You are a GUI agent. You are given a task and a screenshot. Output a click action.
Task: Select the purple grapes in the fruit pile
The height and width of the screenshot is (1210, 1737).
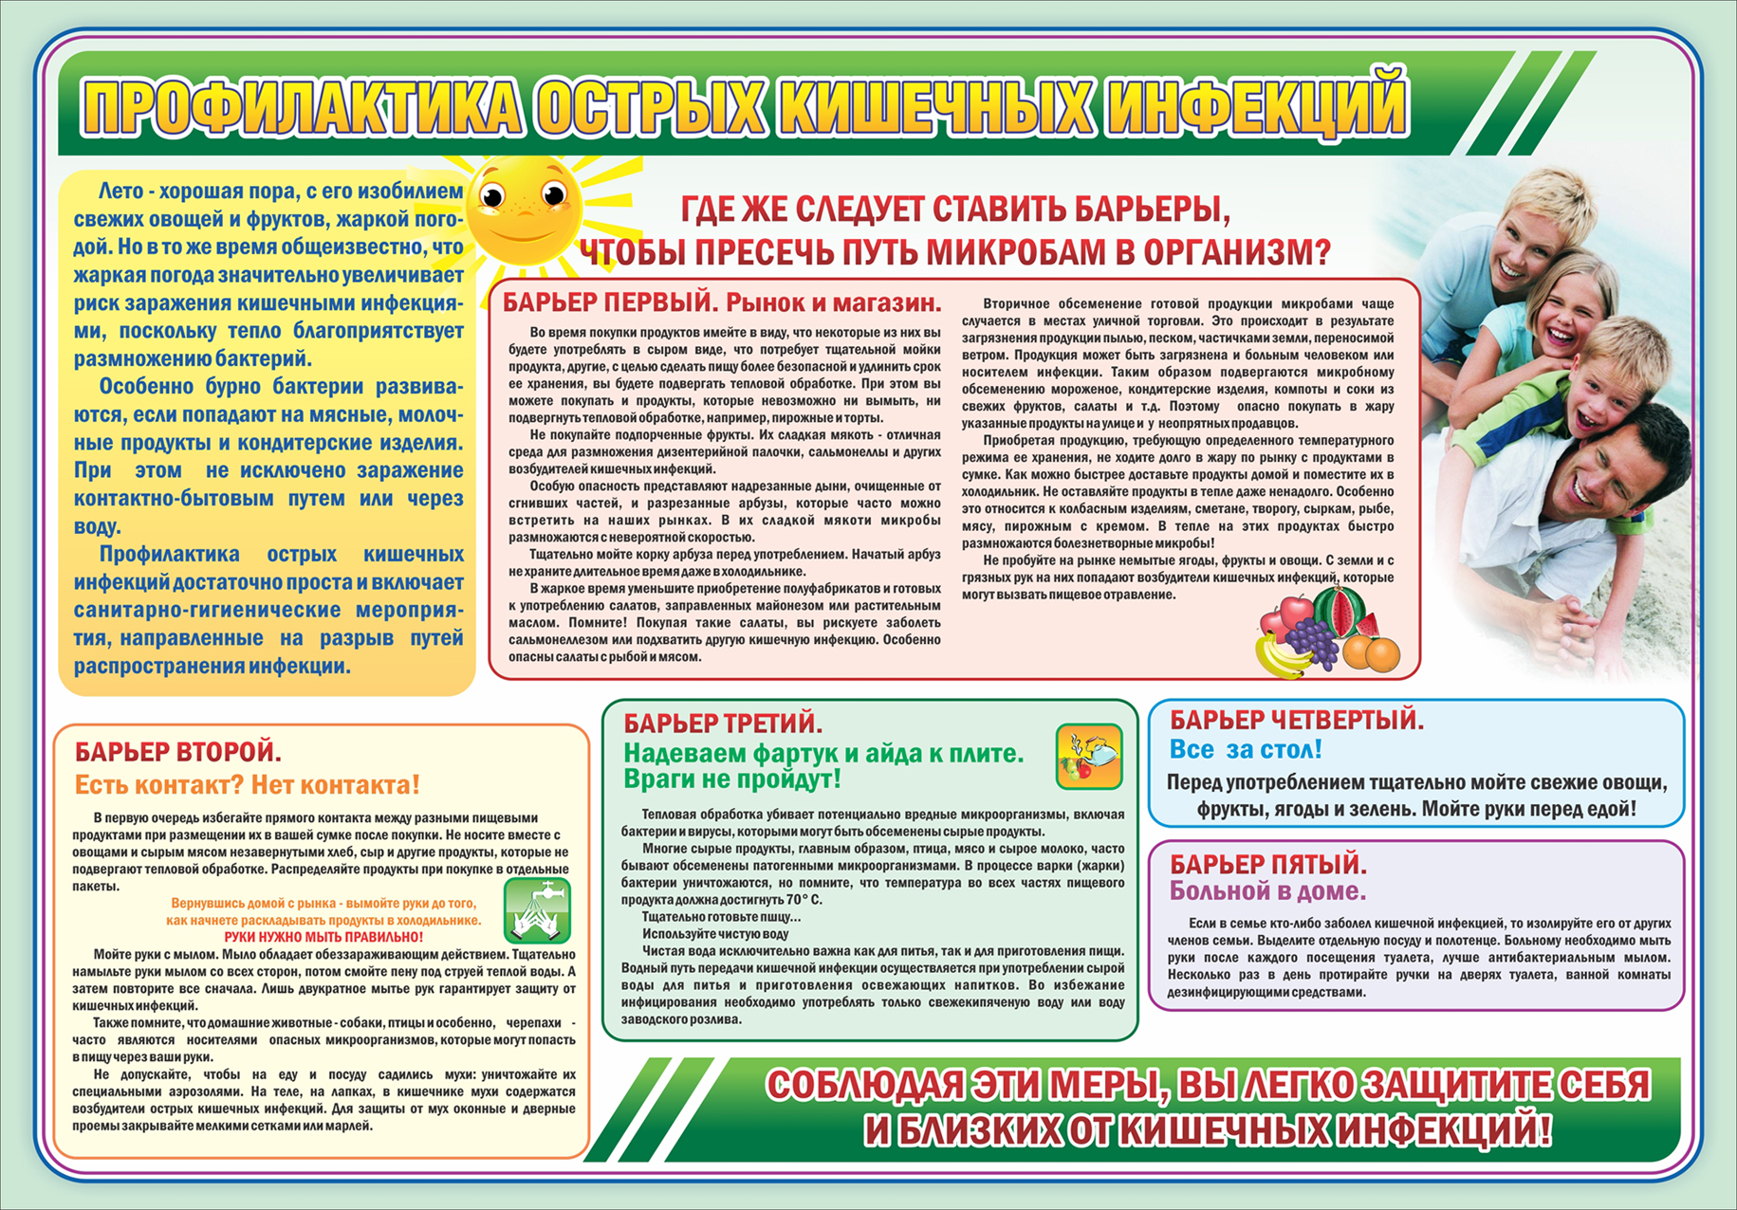coord(1312,641)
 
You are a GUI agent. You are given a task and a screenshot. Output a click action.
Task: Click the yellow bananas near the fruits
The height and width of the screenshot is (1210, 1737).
coord(1278,657)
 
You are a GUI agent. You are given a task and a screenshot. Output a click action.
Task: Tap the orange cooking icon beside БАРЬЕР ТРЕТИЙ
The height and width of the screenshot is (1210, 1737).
coord(1089,756)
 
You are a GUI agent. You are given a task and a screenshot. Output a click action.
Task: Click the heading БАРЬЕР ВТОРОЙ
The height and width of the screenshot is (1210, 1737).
coord(177,753)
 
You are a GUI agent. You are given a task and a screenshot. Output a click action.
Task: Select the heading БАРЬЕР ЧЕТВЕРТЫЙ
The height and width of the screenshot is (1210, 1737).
coord(1296,721)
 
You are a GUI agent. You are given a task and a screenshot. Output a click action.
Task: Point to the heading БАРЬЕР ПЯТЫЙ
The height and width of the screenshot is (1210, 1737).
coord(1267,864)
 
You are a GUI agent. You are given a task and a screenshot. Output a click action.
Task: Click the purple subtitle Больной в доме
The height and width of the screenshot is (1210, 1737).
coord(1267,891)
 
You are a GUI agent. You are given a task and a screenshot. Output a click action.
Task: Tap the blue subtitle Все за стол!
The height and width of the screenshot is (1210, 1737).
coord(1245,750)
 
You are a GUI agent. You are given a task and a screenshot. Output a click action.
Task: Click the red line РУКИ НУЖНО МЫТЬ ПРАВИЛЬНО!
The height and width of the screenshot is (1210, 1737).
coord(323,937)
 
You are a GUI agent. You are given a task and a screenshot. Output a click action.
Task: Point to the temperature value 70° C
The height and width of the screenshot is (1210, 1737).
coord(804,900)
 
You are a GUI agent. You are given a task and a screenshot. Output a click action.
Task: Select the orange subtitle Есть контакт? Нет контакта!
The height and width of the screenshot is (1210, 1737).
coord(247,785)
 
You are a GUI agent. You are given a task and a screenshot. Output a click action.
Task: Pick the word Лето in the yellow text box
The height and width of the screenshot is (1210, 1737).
coord(120,192)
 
